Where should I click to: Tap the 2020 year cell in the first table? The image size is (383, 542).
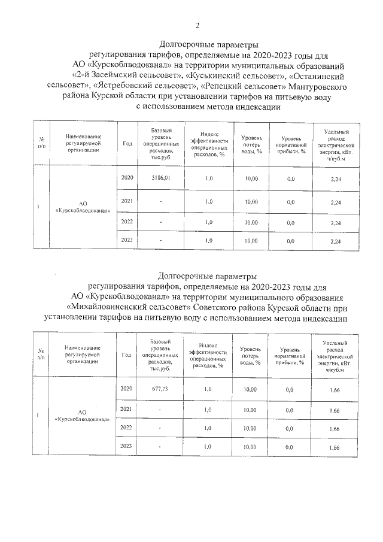(127, 178)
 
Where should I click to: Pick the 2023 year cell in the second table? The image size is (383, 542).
(126, 447)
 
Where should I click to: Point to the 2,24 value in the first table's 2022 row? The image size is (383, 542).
(335, 223)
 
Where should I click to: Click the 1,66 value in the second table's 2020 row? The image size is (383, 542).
(335, 390)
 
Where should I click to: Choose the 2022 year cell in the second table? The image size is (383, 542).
(126, 428)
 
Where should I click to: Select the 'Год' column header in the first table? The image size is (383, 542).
(127, 144)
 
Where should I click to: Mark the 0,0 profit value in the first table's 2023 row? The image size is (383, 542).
(291, 241)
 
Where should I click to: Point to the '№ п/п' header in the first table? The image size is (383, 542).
(41, 144)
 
